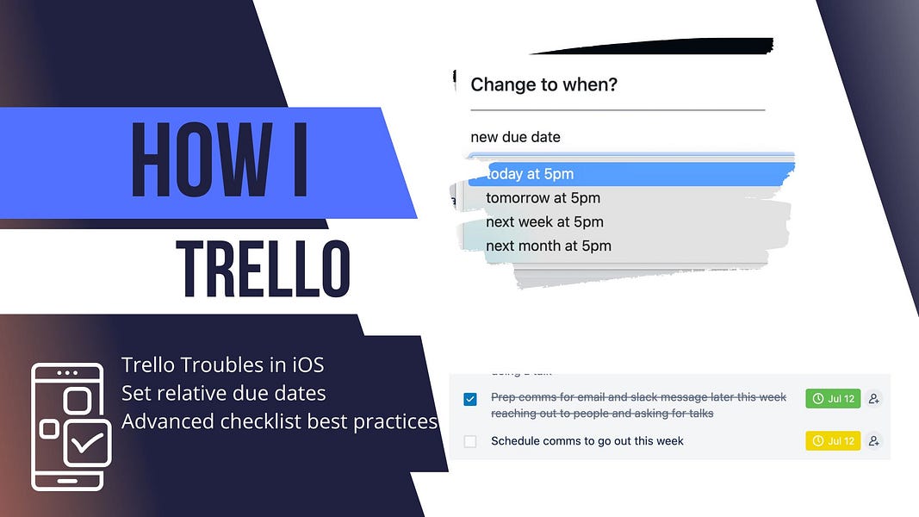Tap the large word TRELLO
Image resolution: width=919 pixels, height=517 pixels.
263,270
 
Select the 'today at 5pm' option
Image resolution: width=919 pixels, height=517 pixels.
530,174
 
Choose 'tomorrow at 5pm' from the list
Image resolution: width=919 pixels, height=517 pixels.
543,198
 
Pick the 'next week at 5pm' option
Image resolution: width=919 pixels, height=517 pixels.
544,222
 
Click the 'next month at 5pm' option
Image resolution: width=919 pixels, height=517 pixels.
549,246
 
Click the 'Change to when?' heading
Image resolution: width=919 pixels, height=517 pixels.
543,84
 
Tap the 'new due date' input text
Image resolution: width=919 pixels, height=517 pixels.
515,137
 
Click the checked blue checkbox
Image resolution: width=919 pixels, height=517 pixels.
470,399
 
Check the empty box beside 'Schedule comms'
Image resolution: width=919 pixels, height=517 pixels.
470,441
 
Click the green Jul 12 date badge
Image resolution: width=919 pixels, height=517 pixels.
833,398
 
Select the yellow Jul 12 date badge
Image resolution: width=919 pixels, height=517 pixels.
833,441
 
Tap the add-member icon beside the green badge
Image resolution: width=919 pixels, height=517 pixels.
874,398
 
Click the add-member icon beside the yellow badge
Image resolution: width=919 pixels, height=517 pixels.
874,441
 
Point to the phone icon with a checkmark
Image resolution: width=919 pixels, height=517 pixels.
71,427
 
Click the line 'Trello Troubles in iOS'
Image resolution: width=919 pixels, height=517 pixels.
222,364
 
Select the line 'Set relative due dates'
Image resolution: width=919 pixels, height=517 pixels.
224,393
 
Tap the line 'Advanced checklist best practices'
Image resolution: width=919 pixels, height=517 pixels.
279,421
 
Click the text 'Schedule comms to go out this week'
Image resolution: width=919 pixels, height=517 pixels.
587,441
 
